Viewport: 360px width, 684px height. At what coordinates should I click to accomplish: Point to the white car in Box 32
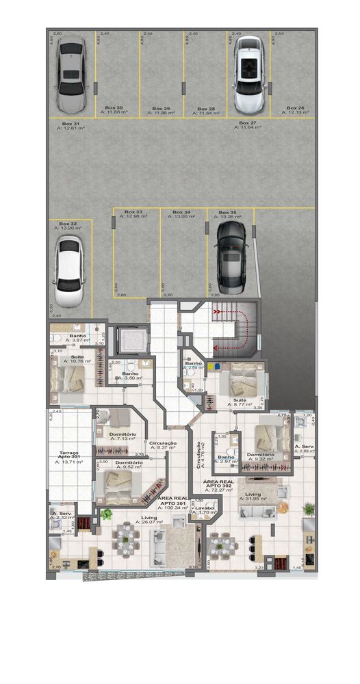(x=68, y=272)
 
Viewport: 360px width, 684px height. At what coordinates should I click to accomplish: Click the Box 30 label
(x=114, y=108)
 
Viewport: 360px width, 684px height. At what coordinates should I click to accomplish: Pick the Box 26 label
(x=295, y=108)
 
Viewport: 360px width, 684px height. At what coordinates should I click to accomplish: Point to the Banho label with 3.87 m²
(x=77, y=336)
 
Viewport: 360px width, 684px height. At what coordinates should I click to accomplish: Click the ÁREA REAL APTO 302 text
(x=220, y=486)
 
